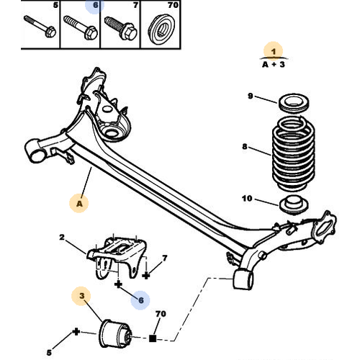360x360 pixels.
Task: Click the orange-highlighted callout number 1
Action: (x=273, y=50)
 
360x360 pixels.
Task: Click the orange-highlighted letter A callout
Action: (x=79, y=204)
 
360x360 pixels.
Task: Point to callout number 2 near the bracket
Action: (x=63, y=237)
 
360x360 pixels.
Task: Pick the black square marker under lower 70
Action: (x=153, y=337)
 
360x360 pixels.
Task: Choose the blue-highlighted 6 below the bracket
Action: (x=140, y=300)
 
